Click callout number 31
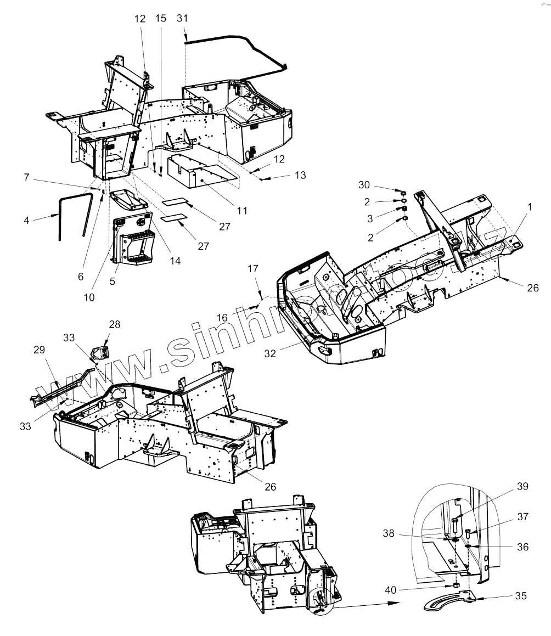183,18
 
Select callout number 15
160,18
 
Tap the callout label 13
300,175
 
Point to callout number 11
241,210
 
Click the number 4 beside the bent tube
27,220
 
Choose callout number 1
529,207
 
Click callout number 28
114,325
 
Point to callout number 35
520,595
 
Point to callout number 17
253,269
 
